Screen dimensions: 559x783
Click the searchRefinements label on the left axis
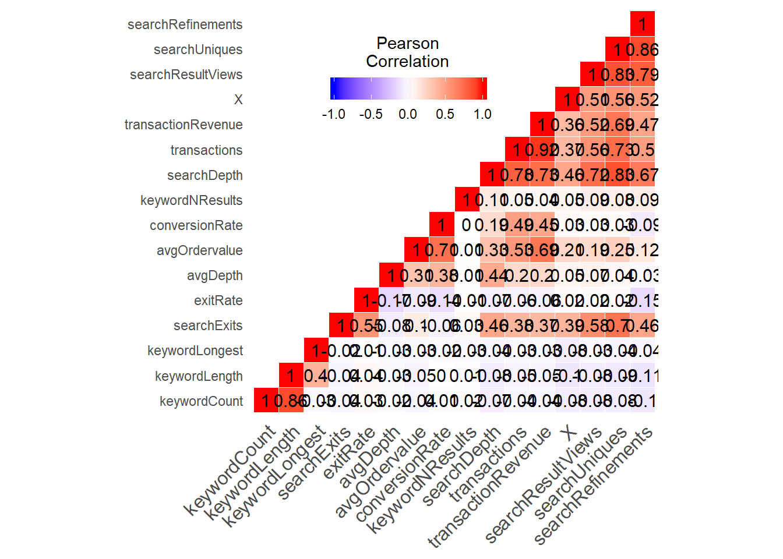tap(185, 24)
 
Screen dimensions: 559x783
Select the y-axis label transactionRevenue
tap(184, 125)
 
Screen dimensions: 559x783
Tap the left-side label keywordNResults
tap(191, 200)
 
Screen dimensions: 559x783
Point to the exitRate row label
tap(218, 300)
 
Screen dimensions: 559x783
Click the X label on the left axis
tap(238, 100)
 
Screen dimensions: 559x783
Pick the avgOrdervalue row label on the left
tap(199, 250)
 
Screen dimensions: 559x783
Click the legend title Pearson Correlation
tap(407, 52)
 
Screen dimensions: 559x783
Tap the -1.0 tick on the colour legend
tap(334, 114)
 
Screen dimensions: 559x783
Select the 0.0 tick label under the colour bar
tap(408, 114)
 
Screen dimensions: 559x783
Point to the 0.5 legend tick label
tap(445, 114)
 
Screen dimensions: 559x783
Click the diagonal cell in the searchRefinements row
tap(643, 24)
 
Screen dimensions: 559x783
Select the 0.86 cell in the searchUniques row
tap(643, 49)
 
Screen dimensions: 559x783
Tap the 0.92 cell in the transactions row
tap(542, 150)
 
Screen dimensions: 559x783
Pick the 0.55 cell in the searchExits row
tap(366, 326)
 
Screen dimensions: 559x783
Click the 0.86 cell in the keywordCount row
tap(291, 401)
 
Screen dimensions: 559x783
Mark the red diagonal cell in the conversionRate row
tap(442, 225)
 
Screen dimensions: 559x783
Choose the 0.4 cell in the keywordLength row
tap(316, 376)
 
